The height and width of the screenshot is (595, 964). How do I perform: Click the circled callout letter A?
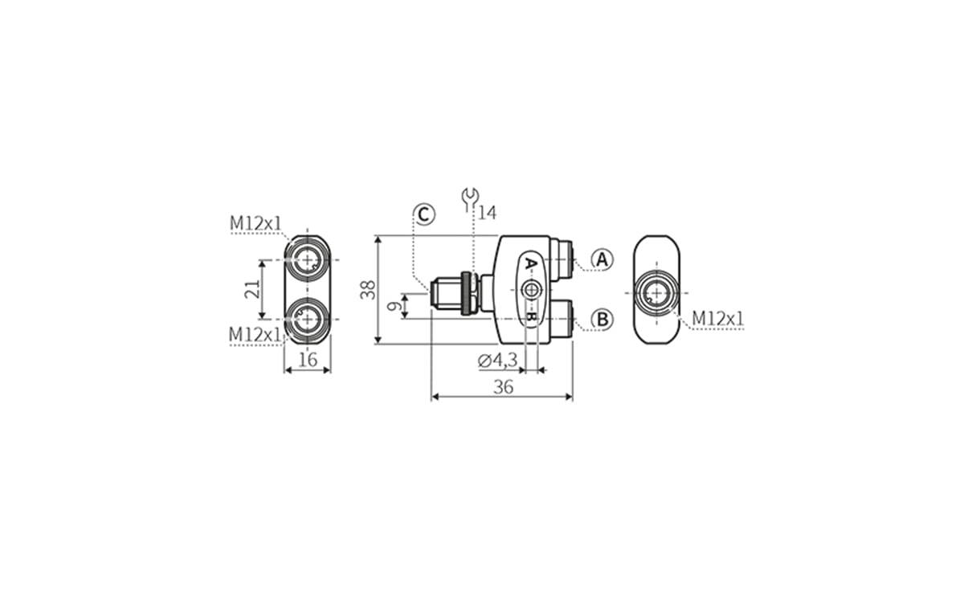602,259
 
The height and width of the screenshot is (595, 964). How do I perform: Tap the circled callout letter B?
602,319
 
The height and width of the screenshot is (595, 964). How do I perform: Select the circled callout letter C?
424,214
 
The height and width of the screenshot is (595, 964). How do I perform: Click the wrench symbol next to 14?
470,198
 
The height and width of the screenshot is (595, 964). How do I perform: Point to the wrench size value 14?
488,213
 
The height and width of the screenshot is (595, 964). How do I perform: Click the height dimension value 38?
368,289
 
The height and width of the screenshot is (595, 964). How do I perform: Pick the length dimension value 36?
503,386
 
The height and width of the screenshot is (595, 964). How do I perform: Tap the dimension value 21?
251,289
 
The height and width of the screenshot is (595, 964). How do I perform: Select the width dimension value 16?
308,360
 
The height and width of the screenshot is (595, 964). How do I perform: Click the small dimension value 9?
394,306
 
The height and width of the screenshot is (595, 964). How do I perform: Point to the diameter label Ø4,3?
498,361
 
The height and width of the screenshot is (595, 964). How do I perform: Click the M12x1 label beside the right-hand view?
718,319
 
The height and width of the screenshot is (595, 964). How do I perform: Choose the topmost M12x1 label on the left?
256,222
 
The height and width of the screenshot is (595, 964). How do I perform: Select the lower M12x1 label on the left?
255,332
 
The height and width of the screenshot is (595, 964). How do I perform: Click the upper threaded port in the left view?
307,259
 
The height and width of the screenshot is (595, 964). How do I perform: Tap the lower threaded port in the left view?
307,318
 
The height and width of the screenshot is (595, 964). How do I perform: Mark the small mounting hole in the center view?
530,289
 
